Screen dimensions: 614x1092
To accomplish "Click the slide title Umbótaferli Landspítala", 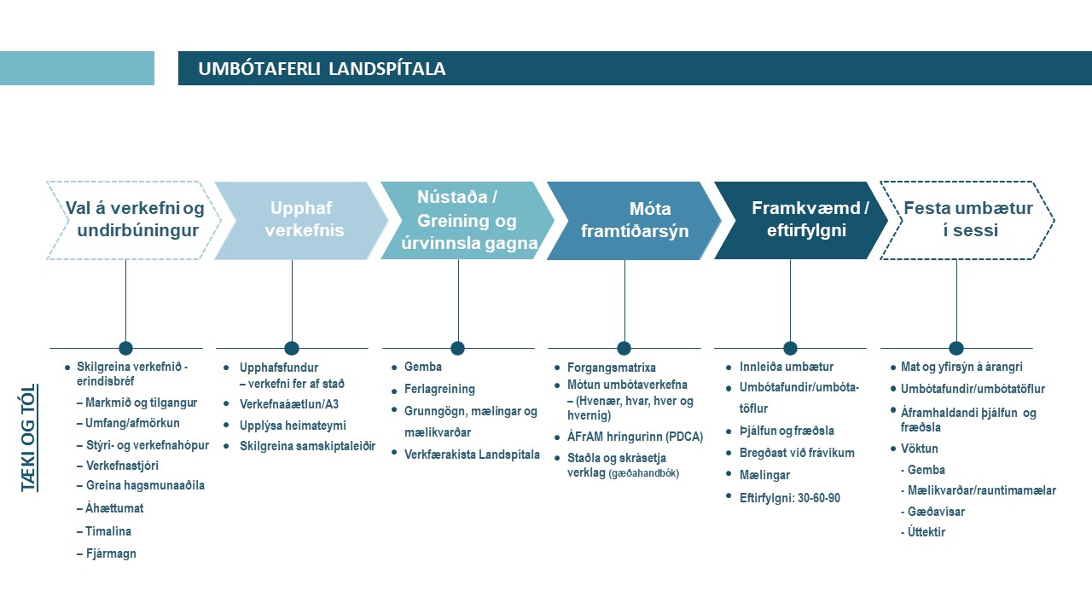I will [x=322, y=69].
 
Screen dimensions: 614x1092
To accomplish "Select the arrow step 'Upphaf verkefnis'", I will [x=301, y=219].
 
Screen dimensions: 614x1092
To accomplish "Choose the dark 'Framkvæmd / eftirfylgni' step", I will [x=799, y=218].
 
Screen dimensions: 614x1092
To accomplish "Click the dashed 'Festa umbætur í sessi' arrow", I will [x=967, y=219].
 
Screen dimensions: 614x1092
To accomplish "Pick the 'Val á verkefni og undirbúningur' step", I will [x=134, y=219].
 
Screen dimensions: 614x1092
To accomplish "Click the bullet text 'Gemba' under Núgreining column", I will [x=423, y=367].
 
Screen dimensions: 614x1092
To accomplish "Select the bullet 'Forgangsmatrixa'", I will [x=612, y=368].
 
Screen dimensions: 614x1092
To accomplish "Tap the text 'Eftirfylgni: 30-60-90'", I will [x=790, y=498].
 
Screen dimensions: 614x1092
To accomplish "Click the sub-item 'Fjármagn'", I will [x=111, y=553].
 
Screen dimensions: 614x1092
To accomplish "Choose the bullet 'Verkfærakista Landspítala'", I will [x=472, y=455].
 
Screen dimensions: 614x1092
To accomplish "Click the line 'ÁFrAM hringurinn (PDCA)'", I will [x=635, y=437].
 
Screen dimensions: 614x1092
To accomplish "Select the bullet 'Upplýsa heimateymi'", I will [x=293, y=425].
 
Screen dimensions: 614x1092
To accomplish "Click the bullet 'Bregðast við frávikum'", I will [x=790, y=453].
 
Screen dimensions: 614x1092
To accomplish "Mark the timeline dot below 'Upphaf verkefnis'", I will [x=292, y=348].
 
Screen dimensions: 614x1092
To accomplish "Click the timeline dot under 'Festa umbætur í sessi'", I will [x=956, y=348].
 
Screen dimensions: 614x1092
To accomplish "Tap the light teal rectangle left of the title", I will [x=77, y=68].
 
